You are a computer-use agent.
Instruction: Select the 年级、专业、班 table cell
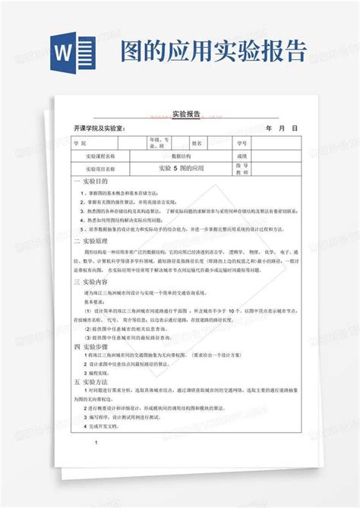[x=160, y=142]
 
